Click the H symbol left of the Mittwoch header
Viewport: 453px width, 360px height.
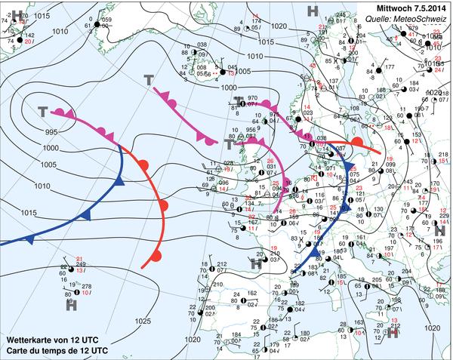313,11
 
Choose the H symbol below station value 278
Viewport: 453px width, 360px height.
71,305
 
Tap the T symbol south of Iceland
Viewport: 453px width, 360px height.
149,79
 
